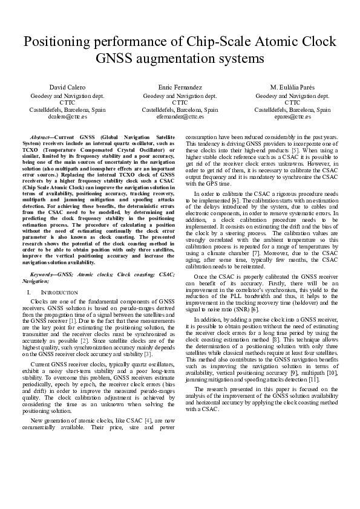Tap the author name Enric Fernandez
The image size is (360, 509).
coord(180,88)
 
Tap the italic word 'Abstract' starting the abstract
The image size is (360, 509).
coord(40,138)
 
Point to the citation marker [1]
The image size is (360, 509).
coord(72,322)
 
